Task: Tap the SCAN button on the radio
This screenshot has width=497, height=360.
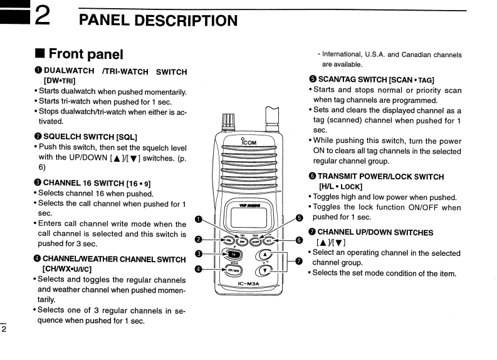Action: (x=256, y=240)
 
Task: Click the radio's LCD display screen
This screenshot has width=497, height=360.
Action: (x=246, y=216)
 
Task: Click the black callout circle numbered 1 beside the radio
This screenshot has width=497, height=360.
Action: (x=199, y=219)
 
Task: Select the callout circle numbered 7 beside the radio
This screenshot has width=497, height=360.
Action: (x=299, y=261)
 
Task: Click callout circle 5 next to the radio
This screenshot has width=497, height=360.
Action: (x=299, y=218)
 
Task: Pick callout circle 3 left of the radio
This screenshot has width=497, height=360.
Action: (x=199, y=254)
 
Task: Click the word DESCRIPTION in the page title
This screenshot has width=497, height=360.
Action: (x=182, y=20)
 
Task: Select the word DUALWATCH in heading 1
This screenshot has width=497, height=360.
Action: (x=69, y=71)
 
